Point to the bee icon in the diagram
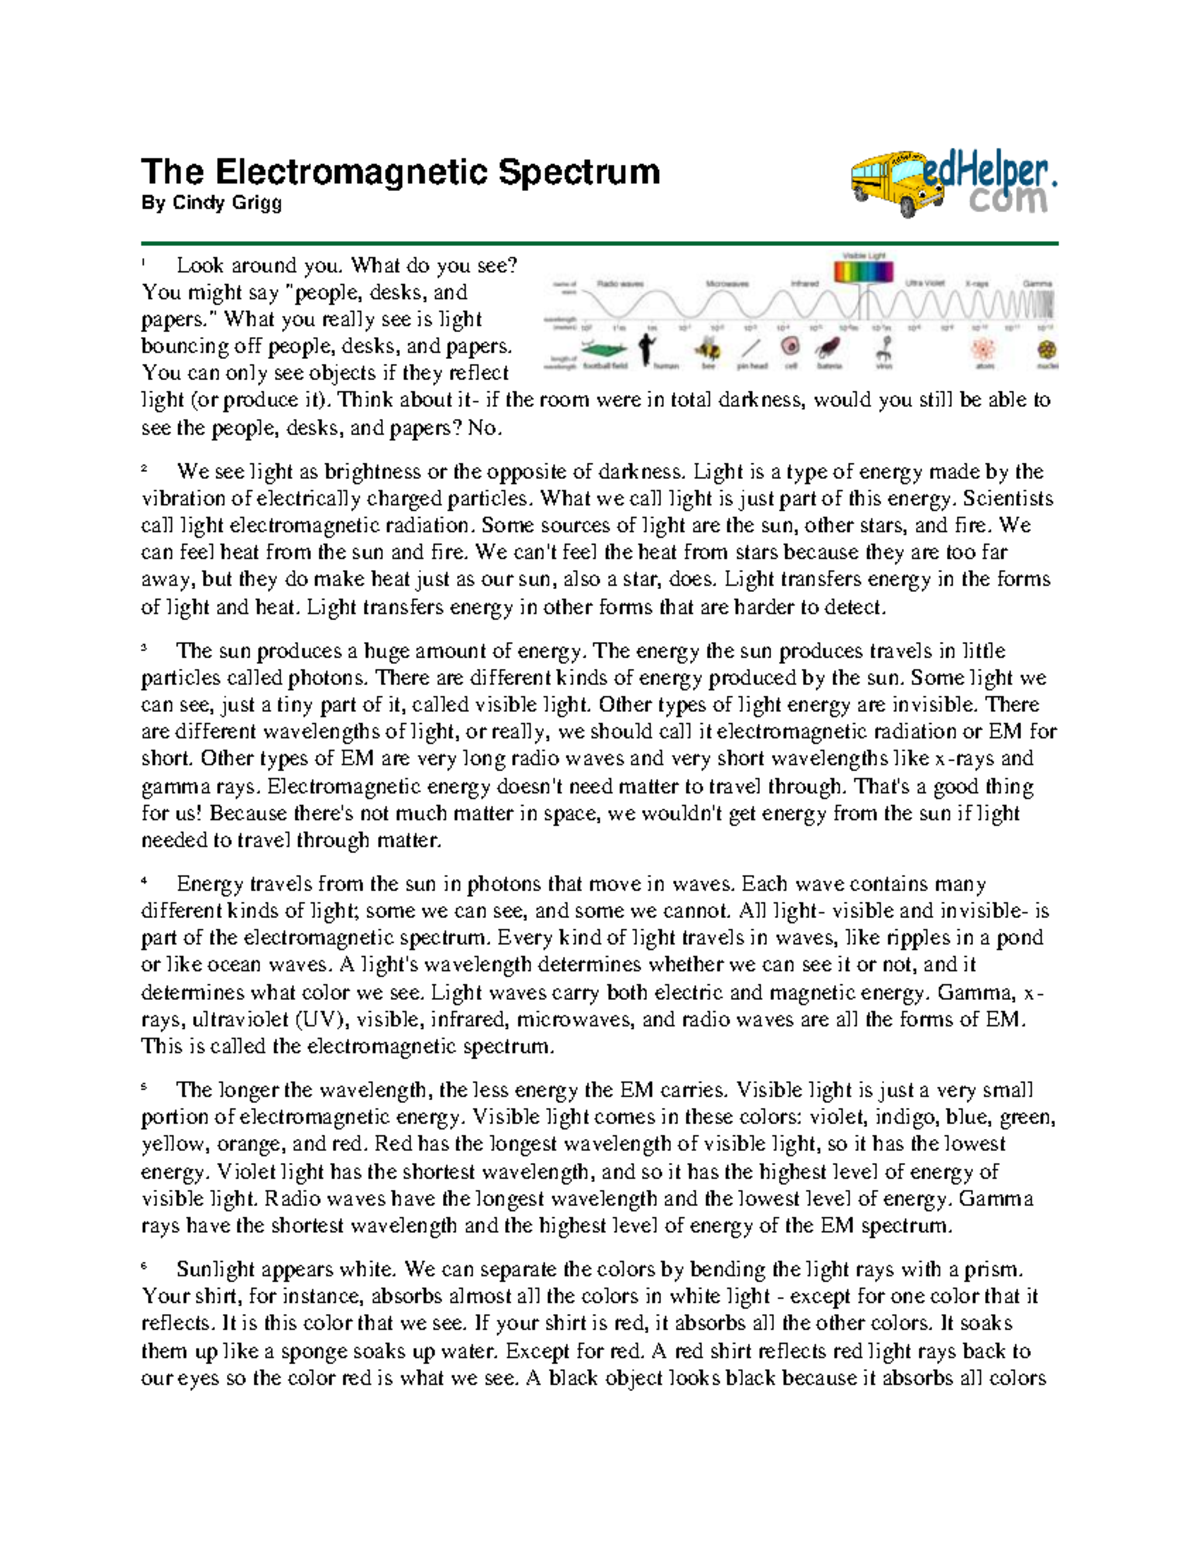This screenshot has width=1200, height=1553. [709, 348]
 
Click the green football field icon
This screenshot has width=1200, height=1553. [604, 349]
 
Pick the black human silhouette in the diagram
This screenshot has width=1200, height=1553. [648, 347]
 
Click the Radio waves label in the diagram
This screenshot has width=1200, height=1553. [620, 284]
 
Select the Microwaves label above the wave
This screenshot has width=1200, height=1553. [728, 284]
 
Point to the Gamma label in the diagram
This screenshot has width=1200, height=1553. [1037, 284]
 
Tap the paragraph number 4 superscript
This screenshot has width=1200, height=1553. [145, 881]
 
